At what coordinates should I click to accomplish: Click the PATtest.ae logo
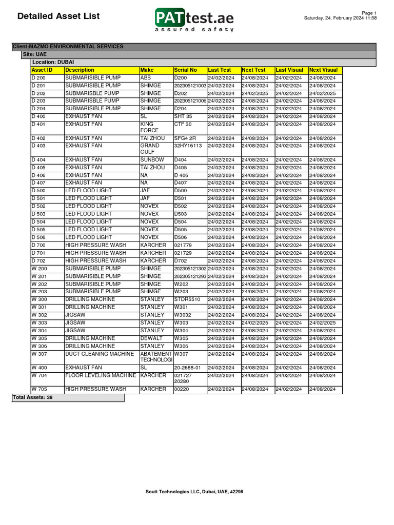(x=194, y=19)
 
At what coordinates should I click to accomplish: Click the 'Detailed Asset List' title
(x=58, y=16)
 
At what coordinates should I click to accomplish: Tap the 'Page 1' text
(x=369, y=13)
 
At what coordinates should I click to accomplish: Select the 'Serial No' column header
(x=185, y=70)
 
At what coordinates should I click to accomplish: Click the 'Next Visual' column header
(x=323, y=70)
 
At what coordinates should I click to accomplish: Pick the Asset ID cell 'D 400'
(x=38, y=116)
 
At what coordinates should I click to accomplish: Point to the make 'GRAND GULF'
(x=150, y=149)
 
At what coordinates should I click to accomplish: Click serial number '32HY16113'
(x=188, y=146)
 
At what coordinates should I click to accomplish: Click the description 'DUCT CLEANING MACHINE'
(x=100, y=354)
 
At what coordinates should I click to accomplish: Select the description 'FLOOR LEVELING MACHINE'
(x=101, y=375)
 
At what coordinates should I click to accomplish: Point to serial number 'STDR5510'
(x=187, y=299)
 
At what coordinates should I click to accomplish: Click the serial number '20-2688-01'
(x=187, y=368)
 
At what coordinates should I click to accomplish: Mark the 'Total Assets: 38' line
(x=32, y=397)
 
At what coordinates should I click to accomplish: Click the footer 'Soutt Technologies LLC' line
(x=194, y=492)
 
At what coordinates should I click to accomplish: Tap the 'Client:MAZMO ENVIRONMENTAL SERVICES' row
(x=68, y=47)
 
